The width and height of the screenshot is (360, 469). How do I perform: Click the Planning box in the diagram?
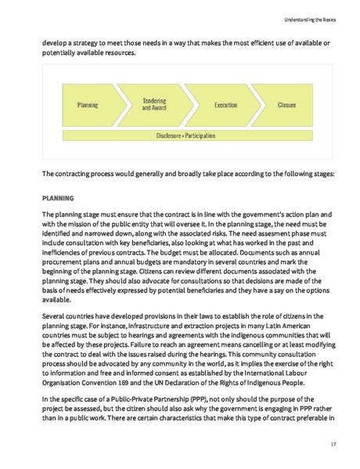click(x=88, y=104)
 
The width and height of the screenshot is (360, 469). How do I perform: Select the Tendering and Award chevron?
click(x=153, y=104)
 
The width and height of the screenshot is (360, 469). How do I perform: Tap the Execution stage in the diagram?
click(x=225, y=104)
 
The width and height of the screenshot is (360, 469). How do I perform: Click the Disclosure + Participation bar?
click(x=185, y=135)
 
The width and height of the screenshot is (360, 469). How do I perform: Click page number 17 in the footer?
click(x=332, y=444)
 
